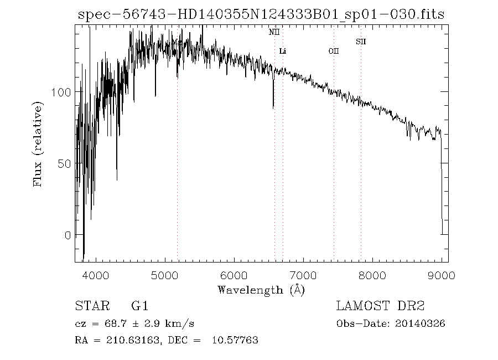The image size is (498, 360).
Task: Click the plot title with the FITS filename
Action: click(262, 16)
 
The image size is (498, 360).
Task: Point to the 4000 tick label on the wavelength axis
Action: click(96, 275)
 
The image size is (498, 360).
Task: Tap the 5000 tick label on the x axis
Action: click(165, 275)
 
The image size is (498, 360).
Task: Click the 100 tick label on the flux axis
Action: click(61, 92)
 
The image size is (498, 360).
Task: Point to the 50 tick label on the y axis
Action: click(64, 164)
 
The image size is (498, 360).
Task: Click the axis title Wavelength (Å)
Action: click(261, 290)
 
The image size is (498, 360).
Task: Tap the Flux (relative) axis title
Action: click(39, 144)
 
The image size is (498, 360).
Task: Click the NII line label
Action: click(274, 33)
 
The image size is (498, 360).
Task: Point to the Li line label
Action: click(283, 52)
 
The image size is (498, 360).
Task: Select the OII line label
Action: click(333, 51)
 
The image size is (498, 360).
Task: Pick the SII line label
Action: click(361, 42)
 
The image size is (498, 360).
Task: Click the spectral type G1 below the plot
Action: click(139, 306)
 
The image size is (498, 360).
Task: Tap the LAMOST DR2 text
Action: click(380, 306)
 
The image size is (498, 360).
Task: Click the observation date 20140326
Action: click(420, 324)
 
